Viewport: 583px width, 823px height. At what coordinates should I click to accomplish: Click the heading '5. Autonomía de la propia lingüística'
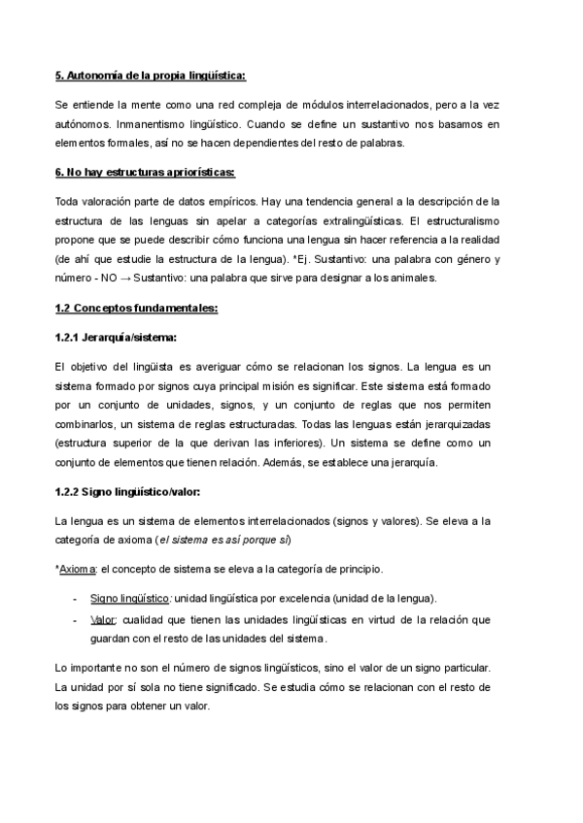coord(151,75)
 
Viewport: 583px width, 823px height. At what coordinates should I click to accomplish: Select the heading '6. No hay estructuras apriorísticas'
coord(145,173)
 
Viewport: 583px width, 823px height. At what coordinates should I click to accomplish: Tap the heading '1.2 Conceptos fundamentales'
coord(136,309)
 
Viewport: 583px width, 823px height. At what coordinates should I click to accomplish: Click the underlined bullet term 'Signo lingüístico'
coord(130,598)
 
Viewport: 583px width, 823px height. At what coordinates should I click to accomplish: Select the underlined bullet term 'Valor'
coord(103,619)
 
